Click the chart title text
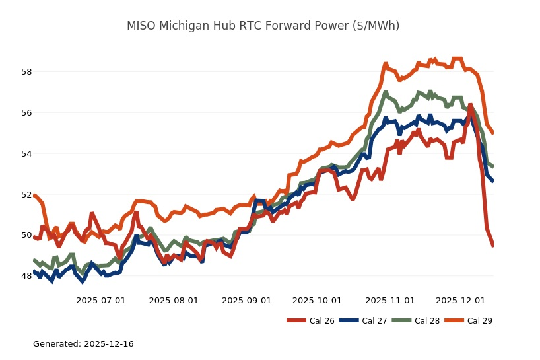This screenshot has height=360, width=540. click(x=263, y=26)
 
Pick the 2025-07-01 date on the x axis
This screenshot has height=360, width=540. click(x=101, y=300)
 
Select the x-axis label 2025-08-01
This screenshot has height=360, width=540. click(x=174, y=300)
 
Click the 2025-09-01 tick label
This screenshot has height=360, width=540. click(x=246, y=300)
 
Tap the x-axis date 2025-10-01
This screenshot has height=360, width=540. click(x=317, y=300)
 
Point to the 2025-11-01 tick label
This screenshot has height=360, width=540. click(x=389, y=300)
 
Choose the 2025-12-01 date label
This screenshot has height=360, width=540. click(x=460, y=300)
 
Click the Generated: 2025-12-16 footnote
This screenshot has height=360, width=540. click(x=83, y=344)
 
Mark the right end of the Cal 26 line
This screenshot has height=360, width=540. click(x=493, y=246)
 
